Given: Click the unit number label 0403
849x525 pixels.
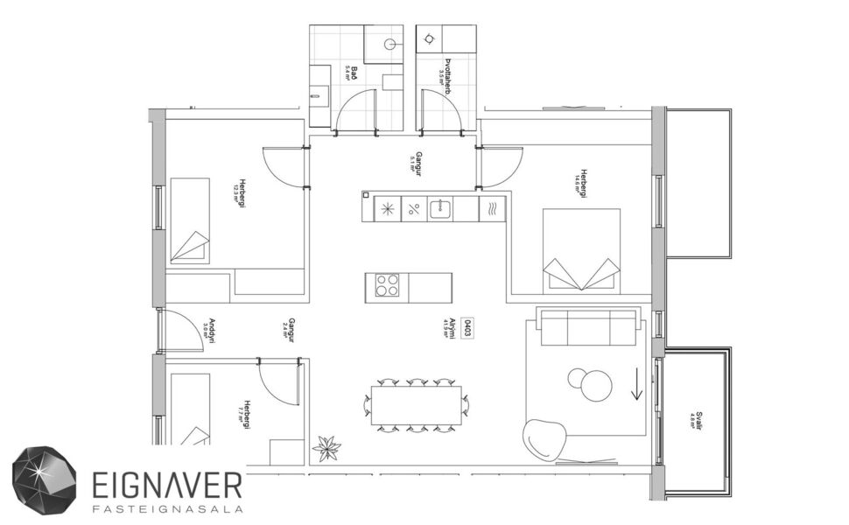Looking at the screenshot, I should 468,329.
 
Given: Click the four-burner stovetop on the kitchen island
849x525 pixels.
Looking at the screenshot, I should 388,285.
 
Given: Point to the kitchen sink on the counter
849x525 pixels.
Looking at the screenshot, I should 439,209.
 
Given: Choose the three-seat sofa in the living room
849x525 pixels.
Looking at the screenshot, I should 587,327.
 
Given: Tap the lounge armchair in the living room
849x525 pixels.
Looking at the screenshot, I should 544,437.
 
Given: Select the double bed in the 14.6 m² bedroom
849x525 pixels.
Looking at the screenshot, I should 581,249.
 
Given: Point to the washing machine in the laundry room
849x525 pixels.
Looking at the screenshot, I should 429,38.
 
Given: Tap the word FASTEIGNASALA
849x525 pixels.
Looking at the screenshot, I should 166,508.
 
